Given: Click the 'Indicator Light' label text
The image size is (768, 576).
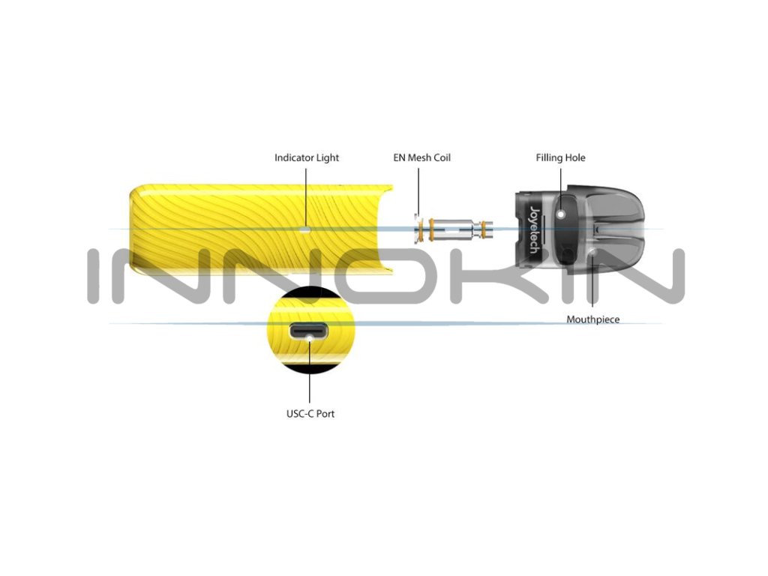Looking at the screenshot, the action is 306,157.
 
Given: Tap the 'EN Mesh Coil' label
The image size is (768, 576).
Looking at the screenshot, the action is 421,157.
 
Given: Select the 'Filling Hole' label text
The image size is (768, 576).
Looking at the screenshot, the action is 560,157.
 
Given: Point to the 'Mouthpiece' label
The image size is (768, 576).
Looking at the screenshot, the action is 592,319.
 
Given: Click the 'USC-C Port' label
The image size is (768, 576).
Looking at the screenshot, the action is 310,413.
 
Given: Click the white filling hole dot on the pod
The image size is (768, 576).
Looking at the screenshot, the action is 561,214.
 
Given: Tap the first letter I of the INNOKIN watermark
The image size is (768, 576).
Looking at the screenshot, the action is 94,276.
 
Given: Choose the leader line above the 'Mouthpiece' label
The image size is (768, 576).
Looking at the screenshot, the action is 592,289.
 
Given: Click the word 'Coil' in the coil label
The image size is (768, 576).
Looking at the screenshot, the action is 440,157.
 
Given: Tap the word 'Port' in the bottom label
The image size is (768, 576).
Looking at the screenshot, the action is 325,413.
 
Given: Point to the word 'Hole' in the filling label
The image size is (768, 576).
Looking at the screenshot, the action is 574,157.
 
